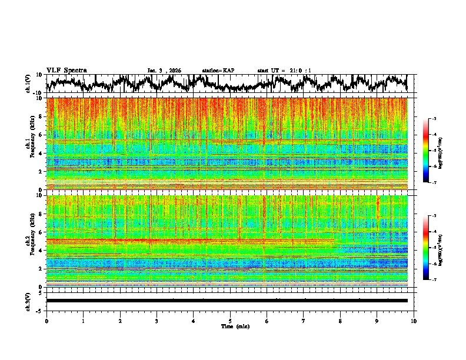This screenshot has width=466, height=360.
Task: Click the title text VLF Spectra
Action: (66, 71)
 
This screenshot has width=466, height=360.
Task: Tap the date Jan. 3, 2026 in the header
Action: (164, 71)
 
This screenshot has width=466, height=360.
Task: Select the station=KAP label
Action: (218, 71)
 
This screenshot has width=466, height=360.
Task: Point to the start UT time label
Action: (284, 71)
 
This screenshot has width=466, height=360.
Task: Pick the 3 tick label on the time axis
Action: (157, 321)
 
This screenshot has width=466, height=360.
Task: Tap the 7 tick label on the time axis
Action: (303, 321)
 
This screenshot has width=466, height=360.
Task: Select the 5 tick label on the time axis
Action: (230, 321)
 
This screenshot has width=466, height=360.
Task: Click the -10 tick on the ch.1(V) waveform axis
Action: (37, 93)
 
